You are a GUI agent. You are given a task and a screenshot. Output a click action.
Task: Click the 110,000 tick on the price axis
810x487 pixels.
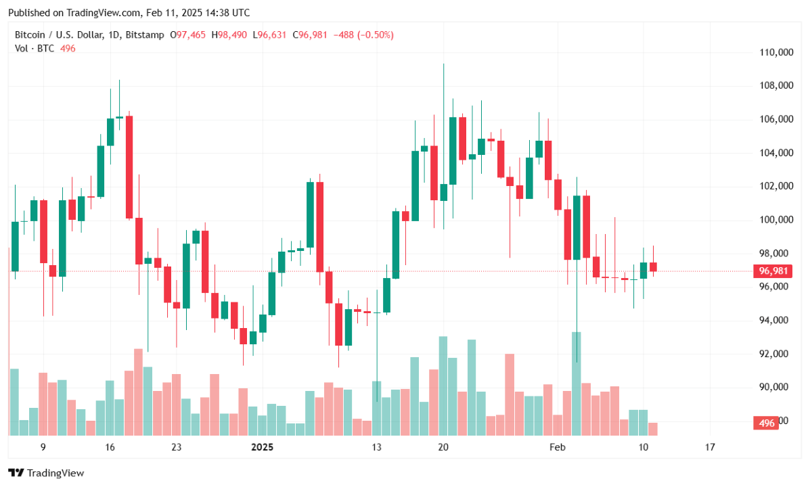(x=775, y=52)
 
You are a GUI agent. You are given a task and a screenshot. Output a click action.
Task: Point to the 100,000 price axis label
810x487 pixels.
(x=775, y=220)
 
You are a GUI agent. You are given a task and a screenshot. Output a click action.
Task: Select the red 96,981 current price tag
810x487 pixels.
(x=772, y=271)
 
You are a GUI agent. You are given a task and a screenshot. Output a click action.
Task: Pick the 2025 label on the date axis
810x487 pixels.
(x=262, y=447)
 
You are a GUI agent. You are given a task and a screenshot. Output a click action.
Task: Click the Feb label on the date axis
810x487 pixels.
(x=557, y=447)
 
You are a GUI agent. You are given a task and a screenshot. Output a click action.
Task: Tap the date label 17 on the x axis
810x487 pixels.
(x=709, y=447)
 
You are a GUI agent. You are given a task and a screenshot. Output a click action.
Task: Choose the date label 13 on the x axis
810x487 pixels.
(x=376, y=447)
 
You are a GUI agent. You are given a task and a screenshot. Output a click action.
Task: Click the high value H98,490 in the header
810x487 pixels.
(x=231, y=34)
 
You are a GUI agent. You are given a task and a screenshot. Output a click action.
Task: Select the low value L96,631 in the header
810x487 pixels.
(x=271, y=34)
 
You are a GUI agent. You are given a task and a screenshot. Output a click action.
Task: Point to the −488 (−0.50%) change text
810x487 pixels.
(x=361, y=34)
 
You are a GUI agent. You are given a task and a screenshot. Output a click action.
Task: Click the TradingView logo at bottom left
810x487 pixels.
(x=46, y=473)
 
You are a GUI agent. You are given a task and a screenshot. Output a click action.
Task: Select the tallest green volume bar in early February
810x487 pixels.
(x=577, y=382)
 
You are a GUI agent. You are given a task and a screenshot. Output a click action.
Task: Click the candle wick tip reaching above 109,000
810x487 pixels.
(x=443, y=65)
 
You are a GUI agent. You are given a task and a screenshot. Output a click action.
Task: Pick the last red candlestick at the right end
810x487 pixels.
(x=653, y=266)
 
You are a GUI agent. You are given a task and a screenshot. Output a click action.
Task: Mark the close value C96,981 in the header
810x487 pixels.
(x=309, y=34)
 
